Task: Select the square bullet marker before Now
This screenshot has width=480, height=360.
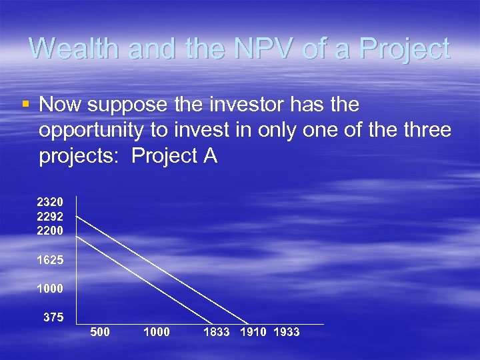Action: [25, 104]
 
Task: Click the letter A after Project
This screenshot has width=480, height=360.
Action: [209, 156]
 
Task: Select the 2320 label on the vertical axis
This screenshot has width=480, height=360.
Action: [50, 201]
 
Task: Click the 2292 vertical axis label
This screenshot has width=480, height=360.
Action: [50, 216]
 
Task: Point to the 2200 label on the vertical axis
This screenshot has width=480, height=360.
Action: [50, 231]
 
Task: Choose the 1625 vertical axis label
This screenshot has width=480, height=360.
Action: [50, 261]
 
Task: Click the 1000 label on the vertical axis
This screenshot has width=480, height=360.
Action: [50, 290]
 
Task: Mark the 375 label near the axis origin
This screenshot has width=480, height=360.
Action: [53, 318]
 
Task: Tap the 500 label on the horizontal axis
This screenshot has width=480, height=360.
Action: [100, 332]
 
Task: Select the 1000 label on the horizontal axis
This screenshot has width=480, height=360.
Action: [157, 332]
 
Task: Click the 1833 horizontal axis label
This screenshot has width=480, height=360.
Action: [217, 332]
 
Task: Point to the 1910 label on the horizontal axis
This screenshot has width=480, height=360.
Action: [253, 332]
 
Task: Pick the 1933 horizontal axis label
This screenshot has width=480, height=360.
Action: [287, 332]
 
